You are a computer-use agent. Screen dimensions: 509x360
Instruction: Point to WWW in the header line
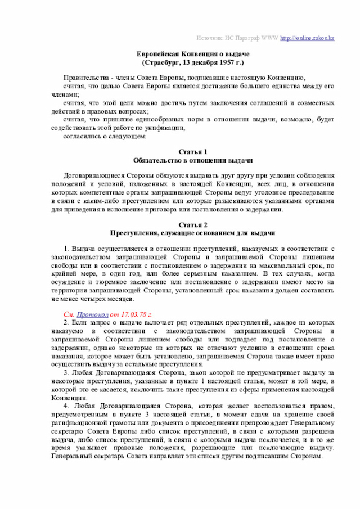coord(269,38)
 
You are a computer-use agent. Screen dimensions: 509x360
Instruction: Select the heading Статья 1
coord(193,152)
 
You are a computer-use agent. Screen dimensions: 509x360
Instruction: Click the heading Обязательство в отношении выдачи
coord(193,160)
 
